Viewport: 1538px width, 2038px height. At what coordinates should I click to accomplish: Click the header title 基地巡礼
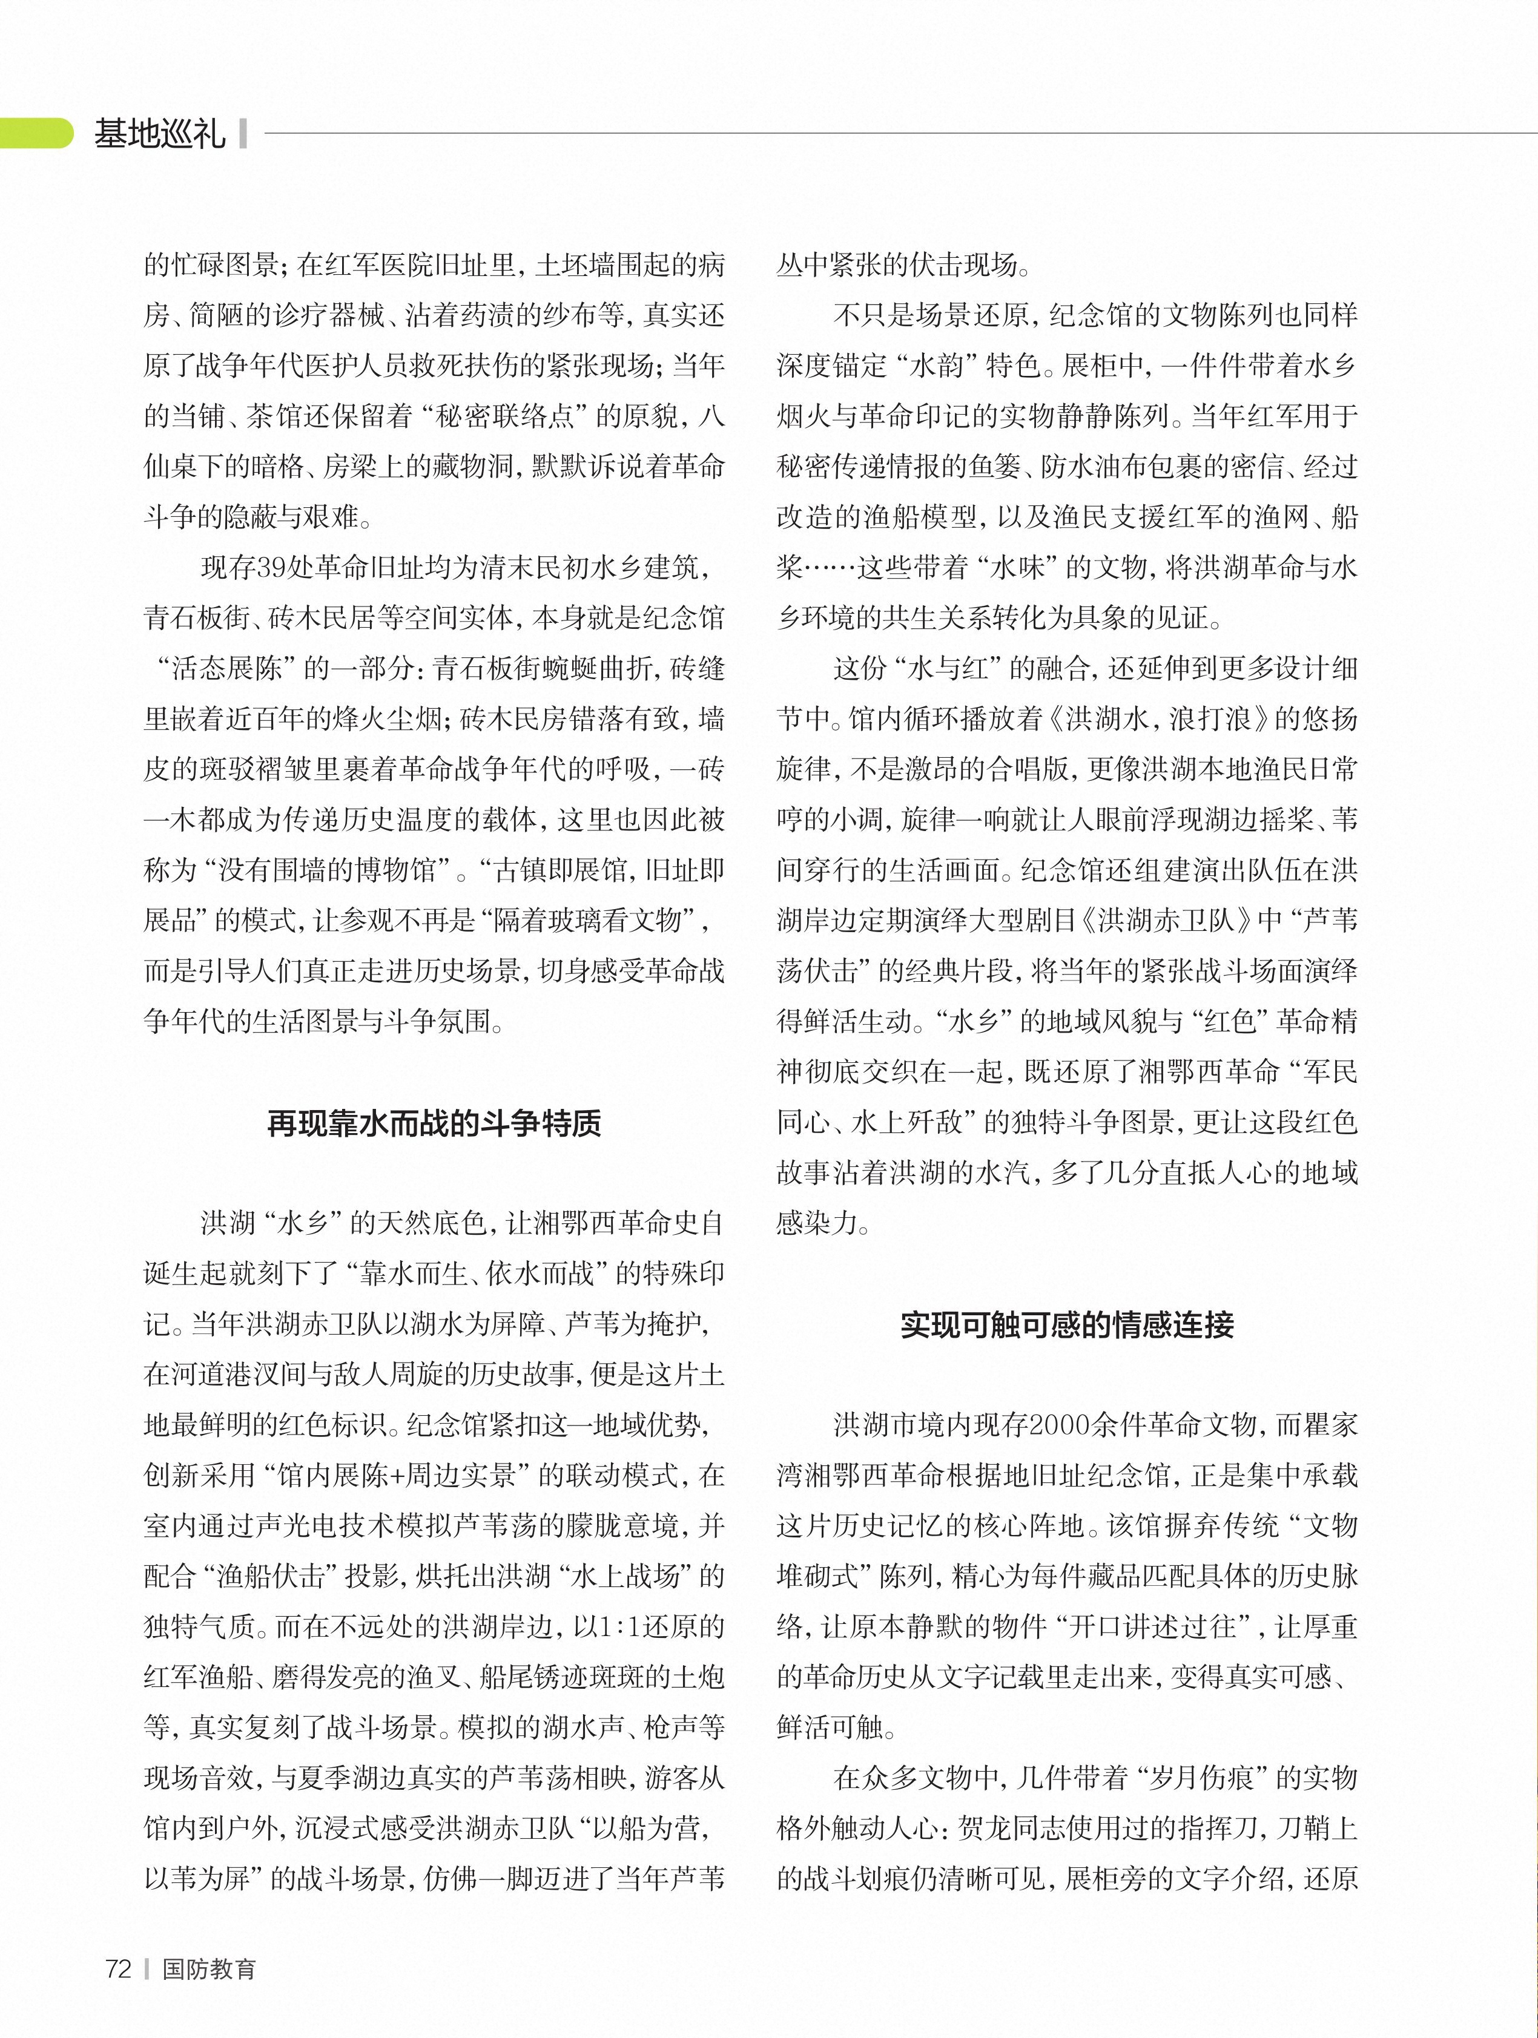click(x=159, y=134)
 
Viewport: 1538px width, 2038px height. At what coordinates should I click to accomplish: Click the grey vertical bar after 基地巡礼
click(x=242, y=134)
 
